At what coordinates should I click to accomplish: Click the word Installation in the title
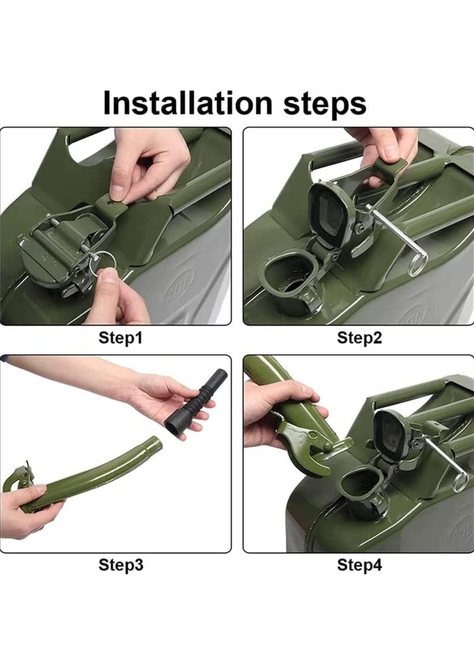click(188, 103)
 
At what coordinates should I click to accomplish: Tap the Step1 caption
click(120, 338)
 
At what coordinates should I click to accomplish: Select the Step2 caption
click(360, 338)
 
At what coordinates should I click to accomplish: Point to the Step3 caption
click(121, 565)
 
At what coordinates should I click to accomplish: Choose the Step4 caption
click(360, 565)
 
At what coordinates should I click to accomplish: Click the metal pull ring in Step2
click(418, 264)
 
